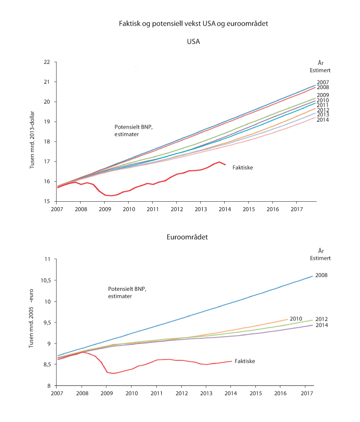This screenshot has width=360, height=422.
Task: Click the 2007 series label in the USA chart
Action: tap(323, 82)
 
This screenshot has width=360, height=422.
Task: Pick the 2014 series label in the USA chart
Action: tap(323, 120)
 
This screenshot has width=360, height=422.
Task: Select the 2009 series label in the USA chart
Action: tap(323, 95)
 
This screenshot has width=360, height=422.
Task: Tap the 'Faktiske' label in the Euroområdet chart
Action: tap(245, 360)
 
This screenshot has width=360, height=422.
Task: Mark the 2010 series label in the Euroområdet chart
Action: tap(296, 318)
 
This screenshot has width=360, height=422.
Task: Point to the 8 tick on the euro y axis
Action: tap(49, 385)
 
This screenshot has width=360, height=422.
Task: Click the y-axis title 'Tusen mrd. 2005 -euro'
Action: tap(33, 321)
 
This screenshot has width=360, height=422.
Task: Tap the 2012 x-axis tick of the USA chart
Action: tap(176, 209)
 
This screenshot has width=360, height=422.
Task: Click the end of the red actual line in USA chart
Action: tap(225, 165)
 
